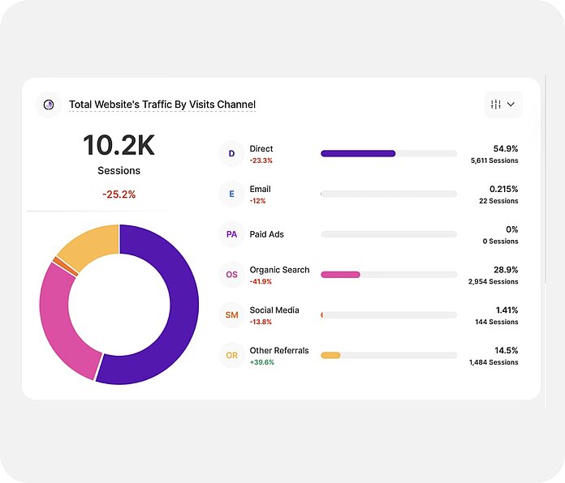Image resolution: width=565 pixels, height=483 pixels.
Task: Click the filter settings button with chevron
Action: [x=503, y=104]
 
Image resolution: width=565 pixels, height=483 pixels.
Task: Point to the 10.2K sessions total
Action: [x=119, y=146]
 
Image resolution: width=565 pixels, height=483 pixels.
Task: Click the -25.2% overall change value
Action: [x=119, y=194]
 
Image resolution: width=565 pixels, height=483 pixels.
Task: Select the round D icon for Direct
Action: [x=231, y=153]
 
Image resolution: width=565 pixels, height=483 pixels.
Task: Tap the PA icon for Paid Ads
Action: [x=231, y=234]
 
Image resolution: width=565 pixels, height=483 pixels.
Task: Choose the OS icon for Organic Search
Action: [x=231, y=275]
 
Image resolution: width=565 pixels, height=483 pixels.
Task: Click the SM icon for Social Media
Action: [x=231, y=315]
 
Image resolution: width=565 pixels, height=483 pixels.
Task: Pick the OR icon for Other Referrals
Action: [x=231, y=356]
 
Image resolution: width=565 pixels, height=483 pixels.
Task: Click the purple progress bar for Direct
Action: [x=358, y=153]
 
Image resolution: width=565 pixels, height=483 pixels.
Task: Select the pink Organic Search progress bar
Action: [x=340, y=275]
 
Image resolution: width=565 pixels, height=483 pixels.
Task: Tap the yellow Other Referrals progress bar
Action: [x=330, y=356]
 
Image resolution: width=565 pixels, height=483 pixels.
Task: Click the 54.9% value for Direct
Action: [x=505, y=148]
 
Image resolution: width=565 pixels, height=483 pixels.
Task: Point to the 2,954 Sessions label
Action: [x=493, y=282]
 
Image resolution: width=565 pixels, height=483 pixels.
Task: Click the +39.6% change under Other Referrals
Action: [x=262, y=362]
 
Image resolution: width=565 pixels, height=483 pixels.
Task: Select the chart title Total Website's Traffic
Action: [x=162, y=105]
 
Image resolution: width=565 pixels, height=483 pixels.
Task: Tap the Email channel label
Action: [x=260, y=189]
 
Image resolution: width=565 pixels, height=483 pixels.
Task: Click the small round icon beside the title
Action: [x=49, y=105]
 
